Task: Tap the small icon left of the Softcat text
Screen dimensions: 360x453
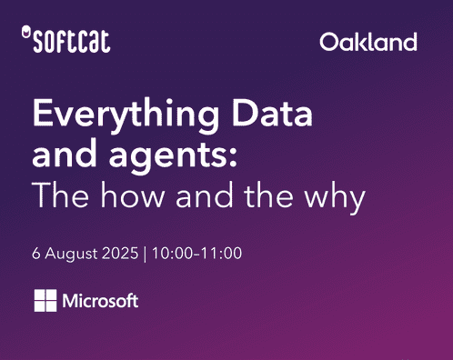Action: (x=24, y=34)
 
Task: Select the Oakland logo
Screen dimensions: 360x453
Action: (x=368, y=42)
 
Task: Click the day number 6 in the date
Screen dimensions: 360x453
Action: (x=36, y=252)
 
